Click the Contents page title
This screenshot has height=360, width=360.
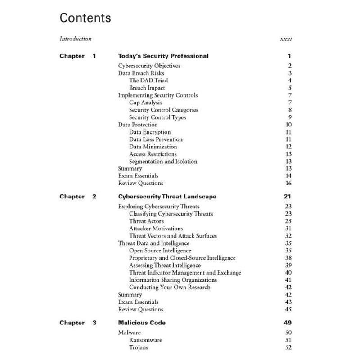(85, 18)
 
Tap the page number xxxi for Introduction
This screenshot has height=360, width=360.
(286, 39)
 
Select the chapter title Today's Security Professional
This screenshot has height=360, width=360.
(163, 56)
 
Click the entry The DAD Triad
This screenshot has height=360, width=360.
(148, 81)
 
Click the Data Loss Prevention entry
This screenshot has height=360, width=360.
(156, 139)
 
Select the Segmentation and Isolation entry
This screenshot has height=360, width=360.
(163, 161)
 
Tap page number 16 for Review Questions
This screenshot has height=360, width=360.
(288, 183)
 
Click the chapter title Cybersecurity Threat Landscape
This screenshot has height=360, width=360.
(167, 197)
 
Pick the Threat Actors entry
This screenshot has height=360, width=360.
(146, 221)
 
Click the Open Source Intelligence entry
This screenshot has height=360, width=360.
(160, 251)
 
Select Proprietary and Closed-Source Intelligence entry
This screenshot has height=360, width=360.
(182, 258)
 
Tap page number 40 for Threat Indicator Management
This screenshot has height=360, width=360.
(288, 273)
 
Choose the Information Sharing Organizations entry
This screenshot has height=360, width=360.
(173, 280)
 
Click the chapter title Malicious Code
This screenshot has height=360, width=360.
(141, 323)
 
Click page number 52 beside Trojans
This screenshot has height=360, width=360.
(288, 347)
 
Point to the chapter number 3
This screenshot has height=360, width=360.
(94, 323)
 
